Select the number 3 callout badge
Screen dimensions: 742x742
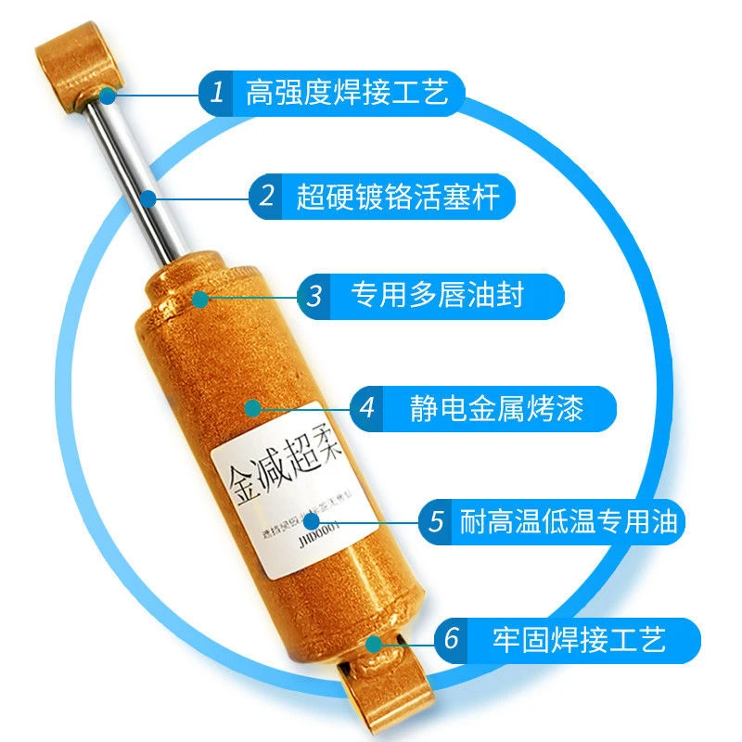[x=315, y=296]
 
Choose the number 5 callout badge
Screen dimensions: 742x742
[x=436, y=521]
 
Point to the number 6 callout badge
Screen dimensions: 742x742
[x=452, y=640]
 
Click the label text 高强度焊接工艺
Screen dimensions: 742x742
[x=347, y=92]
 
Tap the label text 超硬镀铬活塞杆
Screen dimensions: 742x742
[x=398, y=197]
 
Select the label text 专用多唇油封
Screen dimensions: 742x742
[x=437, y=296]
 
